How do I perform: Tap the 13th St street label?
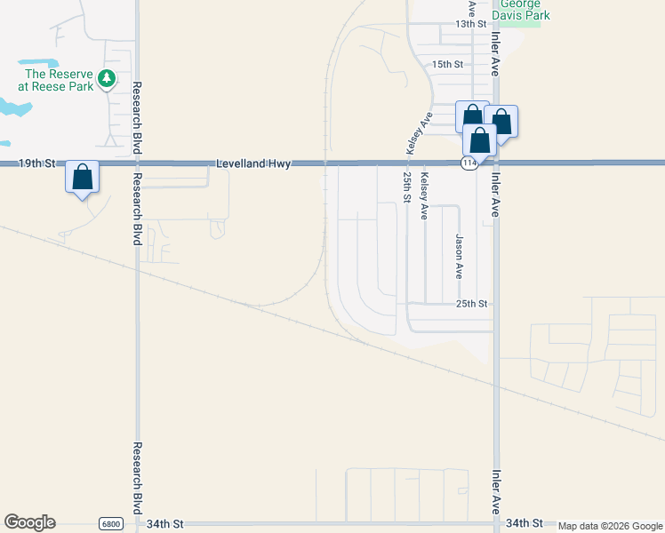click(471, 24)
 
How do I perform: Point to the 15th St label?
click(447, 65)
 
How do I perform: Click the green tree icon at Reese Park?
click(107, 79)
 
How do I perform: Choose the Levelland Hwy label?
click(253, 163)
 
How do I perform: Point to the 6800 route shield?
click(110, 524)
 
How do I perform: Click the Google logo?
click(29, 522)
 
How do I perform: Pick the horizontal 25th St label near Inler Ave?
click(472, 304)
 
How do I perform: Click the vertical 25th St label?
click(405, 187)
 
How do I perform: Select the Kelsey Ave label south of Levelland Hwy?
click(424, 197)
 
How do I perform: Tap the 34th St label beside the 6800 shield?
click(164, 524)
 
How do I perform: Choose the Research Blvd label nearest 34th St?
click(137, 475)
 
